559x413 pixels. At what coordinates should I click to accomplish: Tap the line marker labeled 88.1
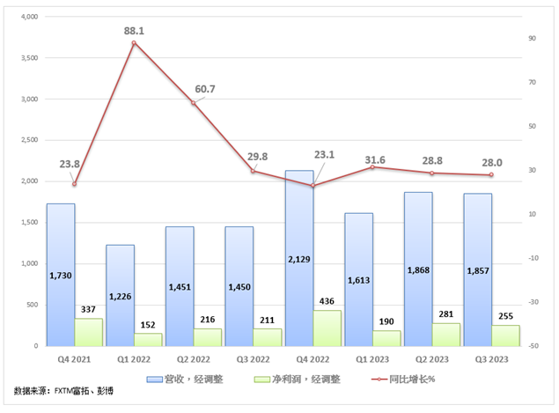click(x=134, y=42)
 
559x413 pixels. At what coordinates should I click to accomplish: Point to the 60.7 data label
click(x=205, y=89)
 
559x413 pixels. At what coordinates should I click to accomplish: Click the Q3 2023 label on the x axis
click(x=491, y=359)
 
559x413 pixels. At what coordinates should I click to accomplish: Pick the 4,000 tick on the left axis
click(x=29, y=17)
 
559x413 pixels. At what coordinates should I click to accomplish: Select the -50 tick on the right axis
click(x=532, y=346)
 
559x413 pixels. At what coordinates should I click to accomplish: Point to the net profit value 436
click(x=327, y=301)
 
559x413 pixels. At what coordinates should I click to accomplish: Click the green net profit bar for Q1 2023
click(x=386, y=338)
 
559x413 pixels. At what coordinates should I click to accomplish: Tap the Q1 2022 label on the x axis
click(x=134, y=359)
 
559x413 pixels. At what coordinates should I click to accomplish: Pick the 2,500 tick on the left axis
click(x=29, y=140)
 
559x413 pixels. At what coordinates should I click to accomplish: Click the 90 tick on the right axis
click(x=532, y=38)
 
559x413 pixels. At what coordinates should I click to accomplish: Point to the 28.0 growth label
click(x=491, y=162)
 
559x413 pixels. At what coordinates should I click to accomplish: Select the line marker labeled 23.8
click(x=74, y=184)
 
